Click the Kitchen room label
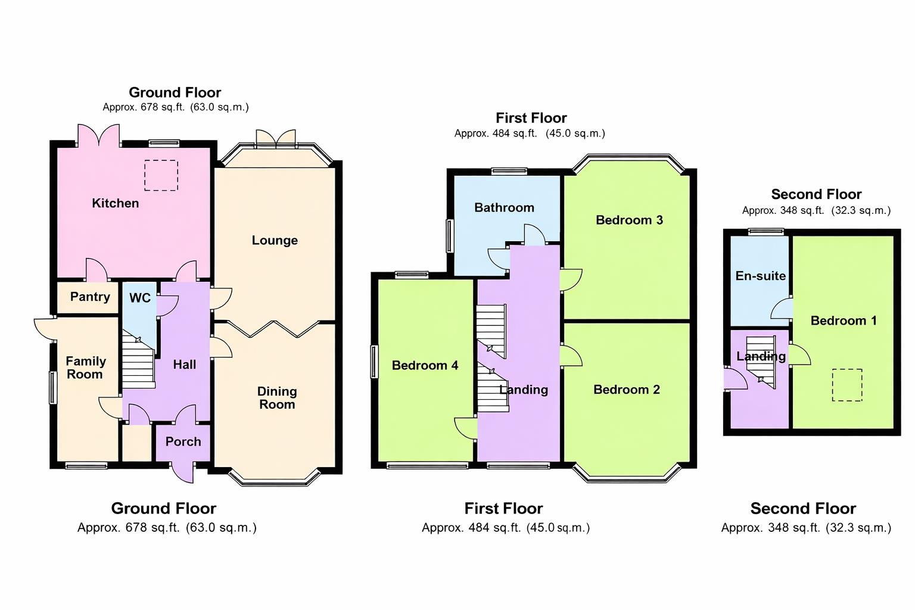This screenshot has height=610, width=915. (x=115, y=203)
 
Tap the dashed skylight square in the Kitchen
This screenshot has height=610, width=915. (x=161, y=175)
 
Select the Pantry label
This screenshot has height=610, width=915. (x=90, y=297)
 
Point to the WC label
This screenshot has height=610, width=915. (x=140, y=298)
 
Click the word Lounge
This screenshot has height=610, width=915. (x=275, y=241)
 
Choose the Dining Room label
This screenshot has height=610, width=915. (x=276, y=398)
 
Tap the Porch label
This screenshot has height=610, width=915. (x=183, y=442)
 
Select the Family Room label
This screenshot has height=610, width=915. (x=85, y=368)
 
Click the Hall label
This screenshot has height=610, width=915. (x=184, y=365)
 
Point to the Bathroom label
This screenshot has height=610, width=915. (x=504, y=208)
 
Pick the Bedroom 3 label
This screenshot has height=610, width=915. (x=629, y=220)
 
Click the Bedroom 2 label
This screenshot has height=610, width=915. (x=626, y=390)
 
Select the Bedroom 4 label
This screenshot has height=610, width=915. (x=425, y=366)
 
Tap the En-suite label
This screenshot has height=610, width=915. (x=760, y=276)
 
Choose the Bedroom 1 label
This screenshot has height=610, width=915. (x=843, y=321)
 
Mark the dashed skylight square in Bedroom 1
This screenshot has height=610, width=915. (x=846, y=385)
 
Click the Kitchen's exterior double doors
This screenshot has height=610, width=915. (x=99, y=136)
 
